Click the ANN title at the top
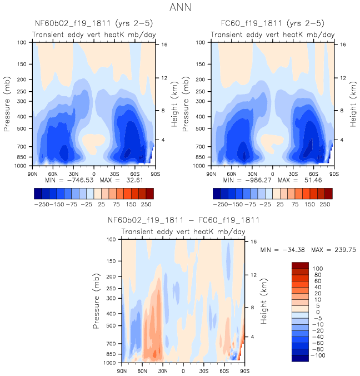pos(180,8)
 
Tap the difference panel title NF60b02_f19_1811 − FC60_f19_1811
pos(183,220)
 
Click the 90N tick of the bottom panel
pos(122,370)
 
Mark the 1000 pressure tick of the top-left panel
pos(23,166)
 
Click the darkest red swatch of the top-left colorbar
pos(149,192)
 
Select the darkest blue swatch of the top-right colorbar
pos(216,192)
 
